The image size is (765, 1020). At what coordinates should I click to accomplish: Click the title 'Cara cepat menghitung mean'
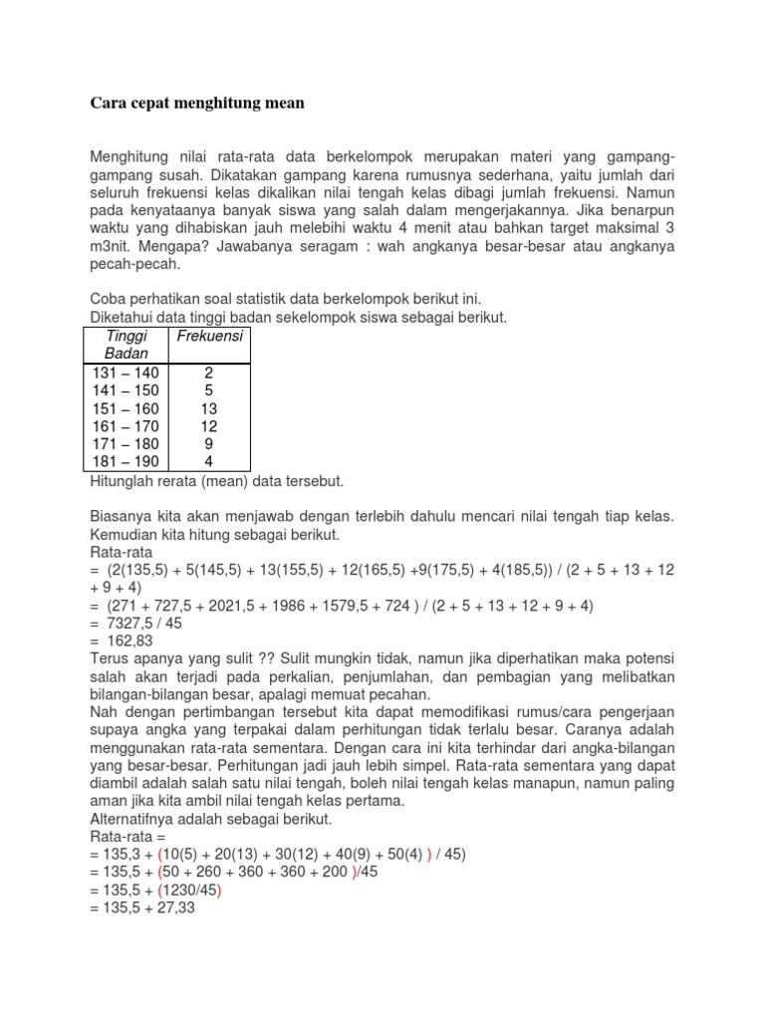pos(197,102)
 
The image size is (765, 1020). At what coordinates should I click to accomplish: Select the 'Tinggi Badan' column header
pos(126,345)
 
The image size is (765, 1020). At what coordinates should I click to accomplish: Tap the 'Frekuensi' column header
pos(209,336)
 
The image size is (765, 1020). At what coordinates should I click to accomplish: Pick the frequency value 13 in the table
pos(208,408)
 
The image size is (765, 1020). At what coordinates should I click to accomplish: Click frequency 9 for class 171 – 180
pos(208,444)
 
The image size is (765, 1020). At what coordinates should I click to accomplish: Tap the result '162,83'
pos(129,641)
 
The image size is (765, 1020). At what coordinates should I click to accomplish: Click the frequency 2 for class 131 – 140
pos(208,373)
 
